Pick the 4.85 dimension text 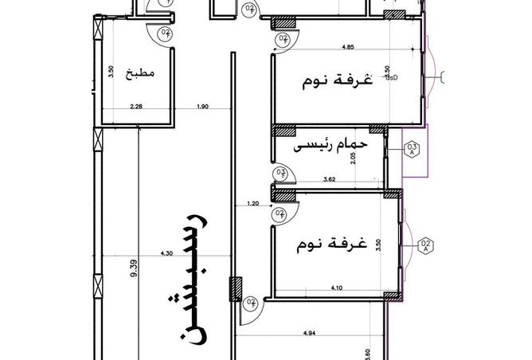point(348,48)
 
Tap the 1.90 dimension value point(201,107)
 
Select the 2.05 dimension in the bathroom point(375,158)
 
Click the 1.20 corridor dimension point(253,205)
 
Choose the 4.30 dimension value point(166,253)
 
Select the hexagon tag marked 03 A point(413,150)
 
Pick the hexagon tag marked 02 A point(425,245)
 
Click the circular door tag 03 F point(280,173)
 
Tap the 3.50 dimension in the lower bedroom point(379,244)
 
